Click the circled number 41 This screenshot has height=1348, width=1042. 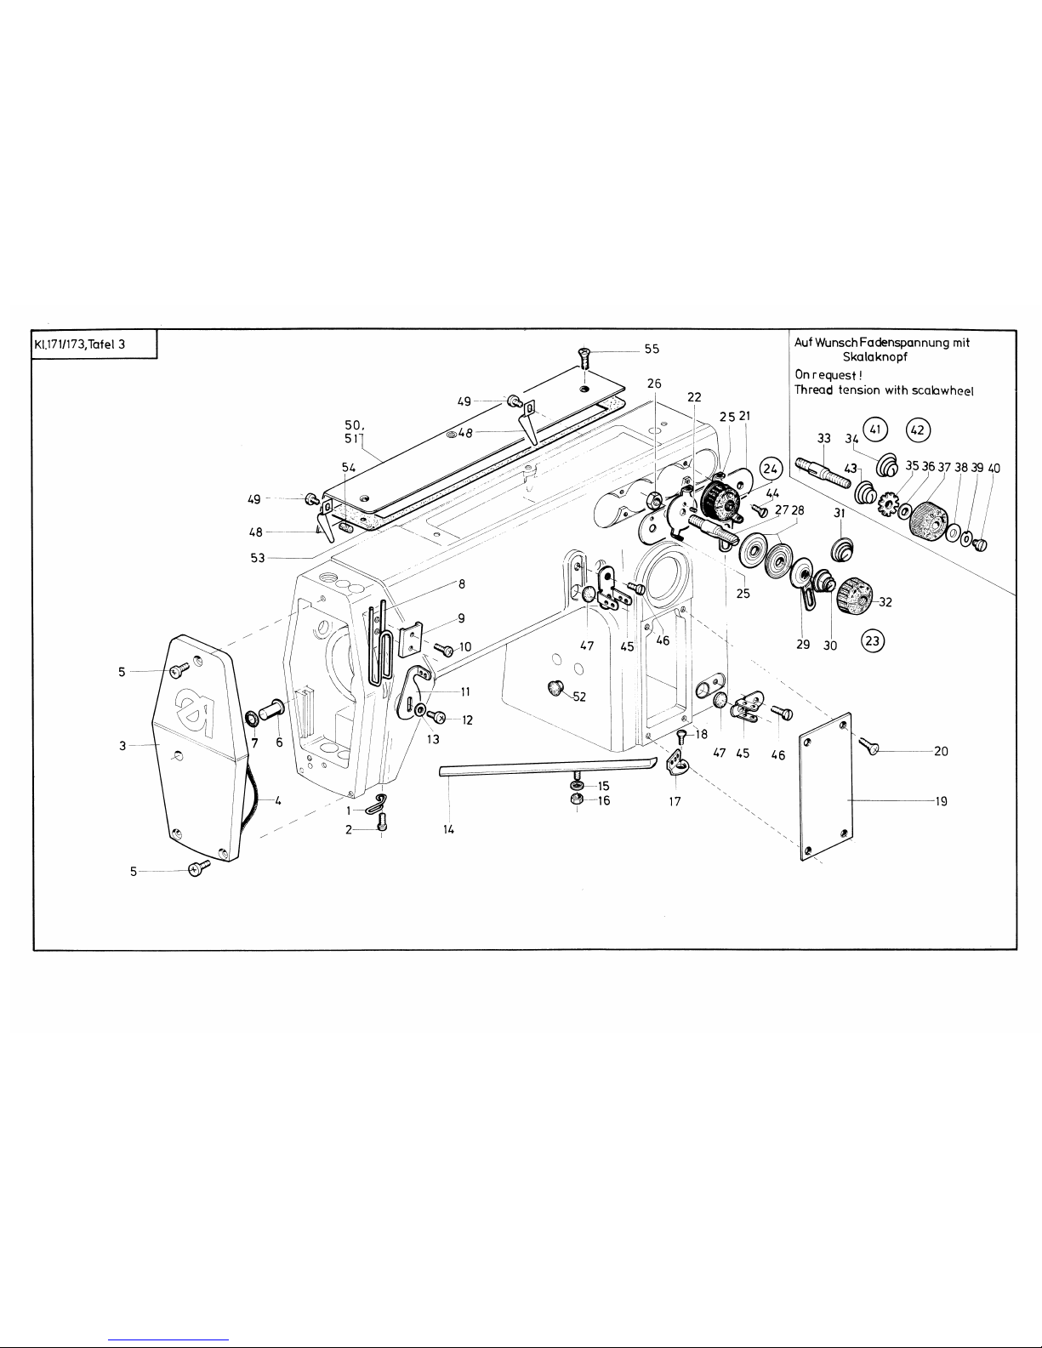(875, 429)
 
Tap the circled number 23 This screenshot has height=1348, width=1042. (873, 640)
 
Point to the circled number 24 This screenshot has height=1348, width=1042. (771, 469)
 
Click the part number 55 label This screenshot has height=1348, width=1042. (652, 349)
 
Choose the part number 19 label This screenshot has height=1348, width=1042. (942, 800)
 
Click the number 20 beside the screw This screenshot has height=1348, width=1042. (942, 751)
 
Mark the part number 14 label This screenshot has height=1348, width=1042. (448, 828)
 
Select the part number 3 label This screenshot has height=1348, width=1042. (122, 745)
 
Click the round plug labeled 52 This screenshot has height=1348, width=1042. (558, 688)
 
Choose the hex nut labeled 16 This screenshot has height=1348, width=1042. (577, 801)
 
